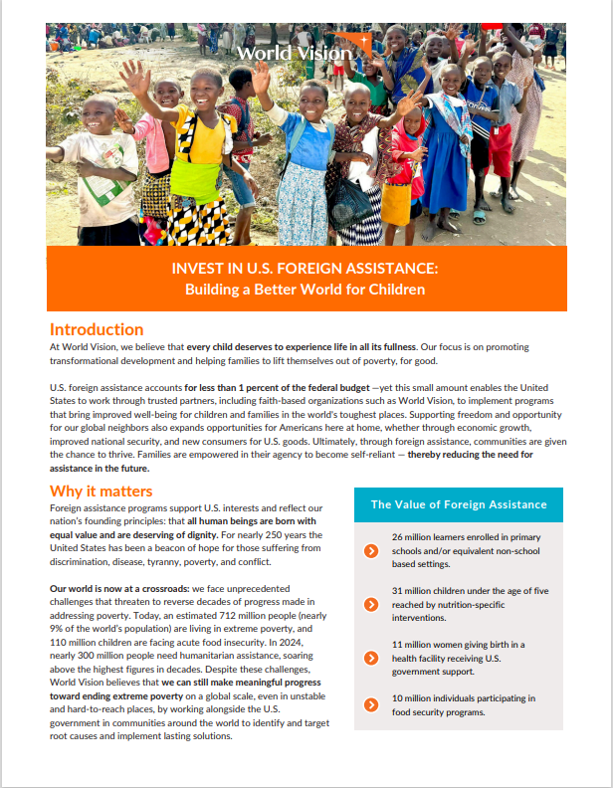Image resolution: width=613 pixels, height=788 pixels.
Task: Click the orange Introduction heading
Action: pos(97,329)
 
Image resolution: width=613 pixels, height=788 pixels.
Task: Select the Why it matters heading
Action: pos(102,492)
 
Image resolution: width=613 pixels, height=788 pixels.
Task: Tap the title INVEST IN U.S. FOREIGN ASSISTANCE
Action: pos(306,269)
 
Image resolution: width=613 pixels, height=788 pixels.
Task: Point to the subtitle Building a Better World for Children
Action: pos(306,290)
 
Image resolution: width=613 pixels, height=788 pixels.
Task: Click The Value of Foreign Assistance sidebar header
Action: pos(459,504)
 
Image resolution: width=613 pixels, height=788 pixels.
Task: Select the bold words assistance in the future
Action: pos(100,468)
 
